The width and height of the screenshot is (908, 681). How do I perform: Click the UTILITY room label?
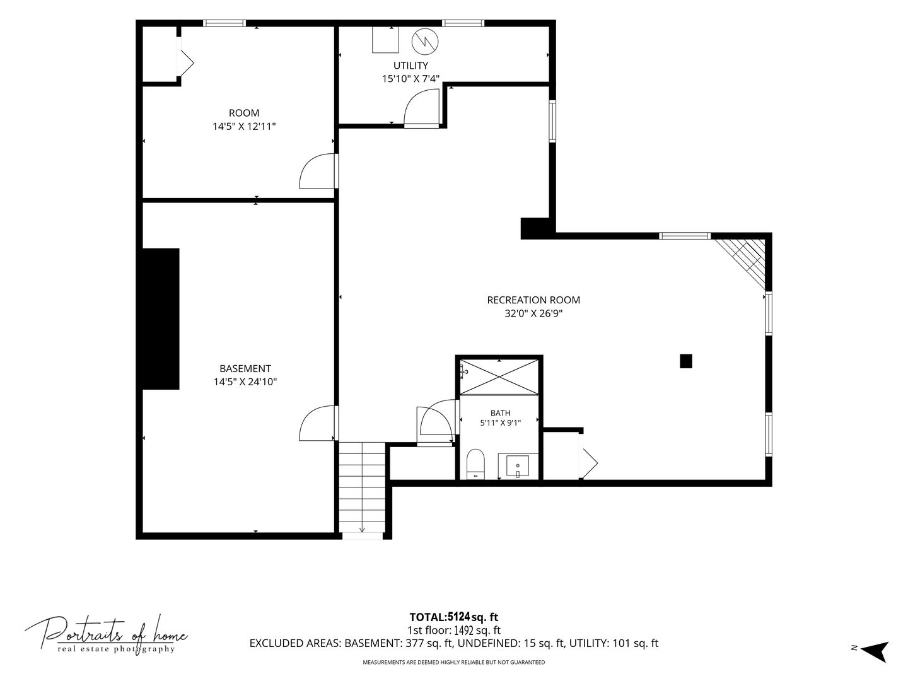click(x=410, y=66)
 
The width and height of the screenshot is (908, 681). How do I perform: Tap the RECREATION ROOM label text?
click(x=533, y=300)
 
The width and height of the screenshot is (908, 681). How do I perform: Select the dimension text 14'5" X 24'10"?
click(x=245, y=381)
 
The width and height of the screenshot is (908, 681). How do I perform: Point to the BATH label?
click(x=500, y=412)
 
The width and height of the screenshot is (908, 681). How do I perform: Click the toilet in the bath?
click(x=475, y=464)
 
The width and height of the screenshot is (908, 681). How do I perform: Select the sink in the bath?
click(x=518, y=466)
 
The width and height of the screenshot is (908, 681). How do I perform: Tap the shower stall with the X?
click(x=499, y=377)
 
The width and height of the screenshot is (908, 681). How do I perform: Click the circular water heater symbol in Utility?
click(x=425, y=42)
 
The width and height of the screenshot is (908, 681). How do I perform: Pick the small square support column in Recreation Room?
click(x=686, y=361)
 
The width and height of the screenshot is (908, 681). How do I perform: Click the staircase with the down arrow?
click(x=363, y=488)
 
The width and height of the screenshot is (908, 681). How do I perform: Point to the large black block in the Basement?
click(x=161, y=319)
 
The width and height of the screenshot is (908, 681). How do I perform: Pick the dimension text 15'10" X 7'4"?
click(x=410, y=79)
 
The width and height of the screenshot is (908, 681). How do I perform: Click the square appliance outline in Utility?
click(x=385, y=40)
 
